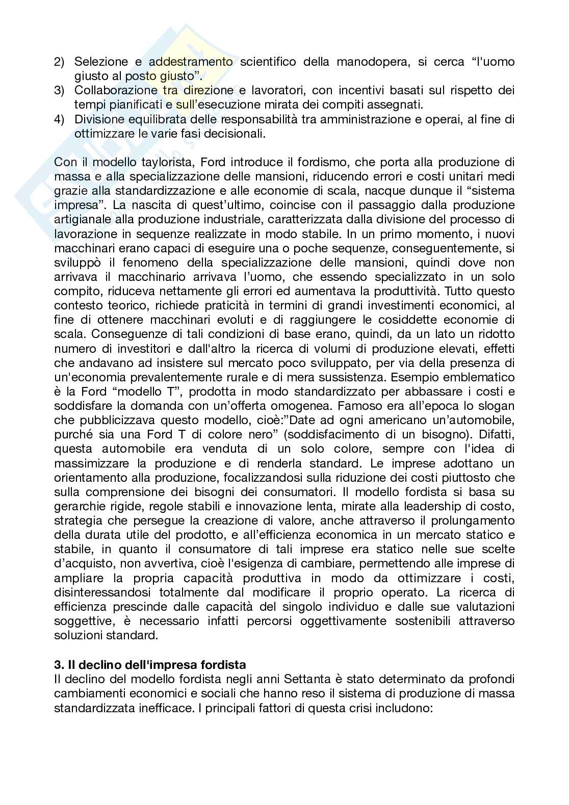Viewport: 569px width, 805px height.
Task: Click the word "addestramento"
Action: (x=191, y=62)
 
